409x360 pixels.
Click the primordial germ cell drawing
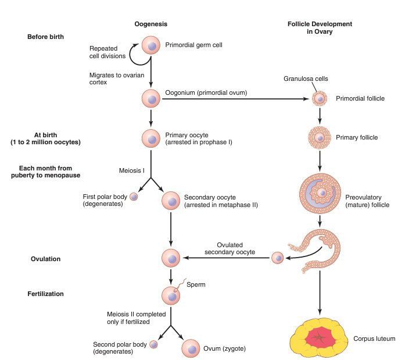point(151,45)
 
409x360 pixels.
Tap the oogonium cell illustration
point(151,98)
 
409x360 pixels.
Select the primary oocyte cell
point(151,138)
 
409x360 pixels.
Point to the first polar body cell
point(134,197)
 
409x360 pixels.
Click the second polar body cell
point(154,344)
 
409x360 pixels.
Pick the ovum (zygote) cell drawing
point(191,348)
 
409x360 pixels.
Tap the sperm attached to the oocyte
point(183,283)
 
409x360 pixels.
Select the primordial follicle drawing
point(318,98)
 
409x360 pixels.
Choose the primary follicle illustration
point(318,138)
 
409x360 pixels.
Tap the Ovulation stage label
point(45,258)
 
